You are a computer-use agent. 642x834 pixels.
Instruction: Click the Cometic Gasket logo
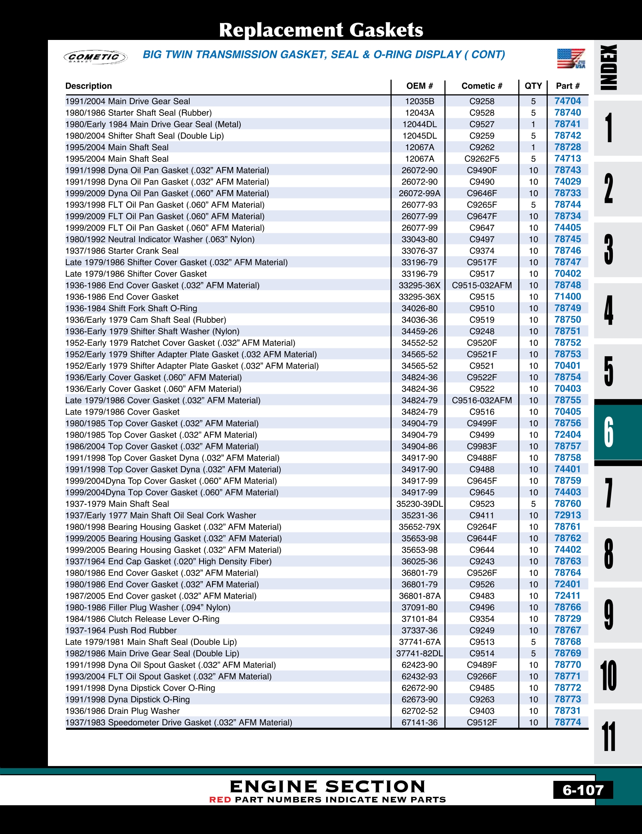point(95,57)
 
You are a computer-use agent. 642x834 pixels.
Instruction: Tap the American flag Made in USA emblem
point(571,58)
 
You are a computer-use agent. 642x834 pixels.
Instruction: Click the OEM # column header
point(419,86)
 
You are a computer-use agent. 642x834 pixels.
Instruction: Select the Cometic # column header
point(481,86)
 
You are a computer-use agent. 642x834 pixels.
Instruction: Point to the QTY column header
point(533,86)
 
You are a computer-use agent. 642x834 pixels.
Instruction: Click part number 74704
point(567,101)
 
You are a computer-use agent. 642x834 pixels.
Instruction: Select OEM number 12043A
point(419,113)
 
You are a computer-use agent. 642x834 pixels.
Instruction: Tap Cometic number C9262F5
point(481,159)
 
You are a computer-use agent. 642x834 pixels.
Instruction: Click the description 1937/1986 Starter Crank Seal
point(122,251)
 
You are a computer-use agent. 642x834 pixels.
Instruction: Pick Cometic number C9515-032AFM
point(481,285)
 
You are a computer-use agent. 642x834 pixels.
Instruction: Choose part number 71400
point(567,297)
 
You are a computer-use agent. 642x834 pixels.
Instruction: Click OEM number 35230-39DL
point(419,504)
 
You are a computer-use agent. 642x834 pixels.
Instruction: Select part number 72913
point(567,515)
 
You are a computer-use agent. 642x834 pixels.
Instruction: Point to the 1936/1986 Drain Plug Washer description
point(122,711)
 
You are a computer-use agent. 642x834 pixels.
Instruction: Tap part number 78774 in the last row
point(567,722)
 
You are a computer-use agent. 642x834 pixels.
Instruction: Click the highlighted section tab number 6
point(609,432)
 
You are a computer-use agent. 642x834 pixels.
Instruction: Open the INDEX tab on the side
point(609,67)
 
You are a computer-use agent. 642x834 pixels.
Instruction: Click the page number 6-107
point(583,790)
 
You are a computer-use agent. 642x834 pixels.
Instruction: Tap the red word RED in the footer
point(220,800)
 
